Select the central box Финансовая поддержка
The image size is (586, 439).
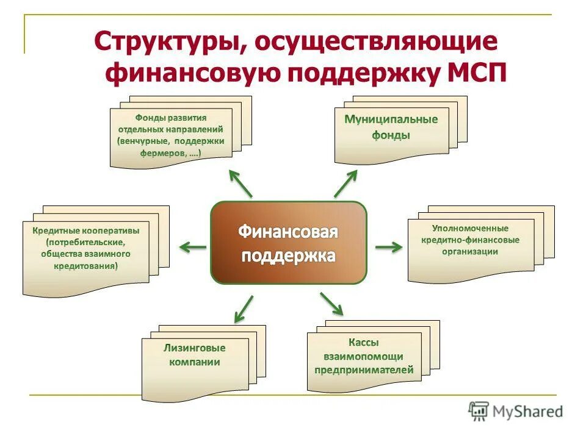pyautogui.click(x=288, y=243)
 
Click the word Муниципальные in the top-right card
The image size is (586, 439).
pyautogui.click(x=391, y=120)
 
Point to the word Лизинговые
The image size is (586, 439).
pyautogui.click(x=195, y=348)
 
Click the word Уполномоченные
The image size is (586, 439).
pyautogui.click(x=470, y=229)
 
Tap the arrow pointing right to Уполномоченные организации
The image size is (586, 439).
pyautogui.click(x=388, y=246)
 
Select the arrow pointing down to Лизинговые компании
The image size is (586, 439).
pyautogui.click(x=244, y=309)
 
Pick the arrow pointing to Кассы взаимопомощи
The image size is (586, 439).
pyautogui.click(x=331, y=303)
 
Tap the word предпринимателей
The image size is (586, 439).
pyautogui.click(x=364, y=369)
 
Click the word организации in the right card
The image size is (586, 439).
pyautogui.click(x=471, y=251)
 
